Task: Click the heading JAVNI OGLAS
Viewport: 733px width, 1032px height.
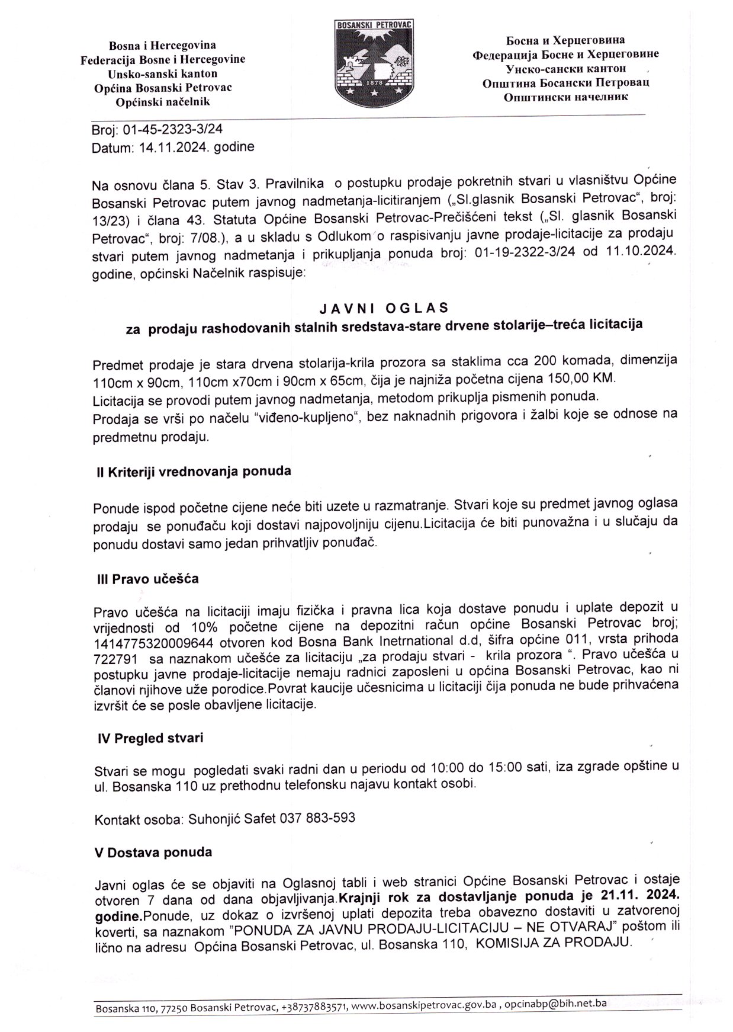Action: coord(384,308)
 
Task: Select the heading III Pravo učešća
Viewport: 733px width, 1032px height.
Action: coord(148,579)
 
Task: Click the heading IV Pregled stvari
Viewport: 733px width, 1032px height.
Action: coord(150,738)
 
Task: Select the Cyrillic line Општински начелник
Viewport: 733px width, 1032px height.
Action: coord(565,97)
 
